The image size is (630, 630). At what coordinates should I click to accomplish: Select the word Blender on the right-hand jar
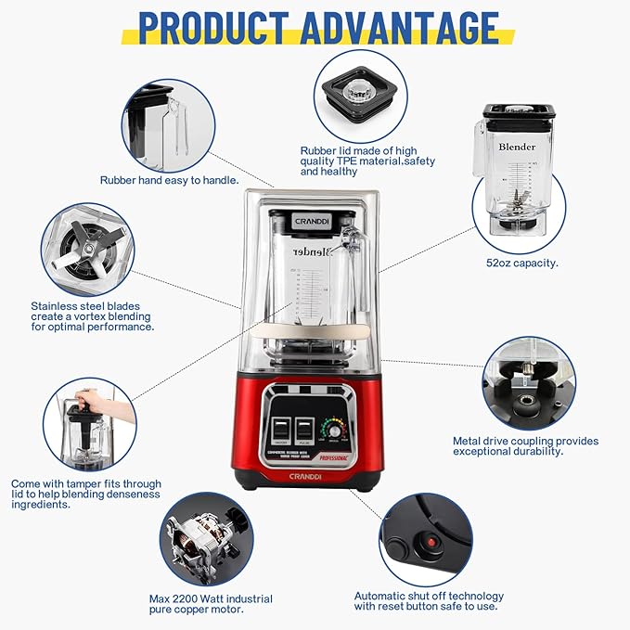(517, 147)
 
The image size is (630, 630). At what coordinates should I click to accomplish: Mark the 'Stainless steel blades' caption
(92, 315)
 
